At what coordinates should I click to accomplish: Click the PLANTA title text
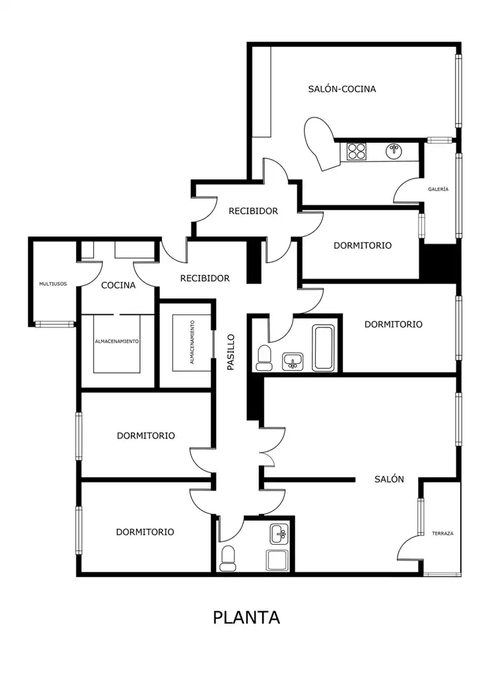click(x=246, y=617)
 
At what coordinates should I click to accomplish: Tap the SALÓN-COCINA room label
click(x=342, y=89)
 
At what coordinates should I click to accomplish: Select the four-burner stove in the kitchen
click(x=357, y=151)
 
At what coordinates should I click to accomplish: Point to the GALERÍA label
click(x=438, y=189)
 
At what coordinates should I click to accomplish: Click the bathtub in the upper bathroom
click(x=324, y=348)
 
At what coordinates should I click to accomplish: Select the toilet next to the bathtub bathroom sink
click(x=264, y=358)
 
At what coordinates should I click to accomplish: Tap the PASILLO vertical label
click(x=231, y=352)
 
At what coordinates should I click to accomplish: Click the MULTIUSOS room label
click(x=53, y=284)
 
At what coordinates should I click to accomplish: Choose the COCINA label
click(x=118, y=285)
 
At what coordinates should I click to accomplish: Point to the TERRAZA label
click(x=443, y=533)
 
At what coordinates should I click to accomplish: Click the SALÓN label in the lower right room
click(x=389, y=479)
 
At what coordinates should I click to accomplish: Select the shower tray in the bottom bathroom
click(x=277, y=560)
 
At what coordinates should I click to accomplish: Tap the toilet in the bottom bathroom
click(x=227, y=558)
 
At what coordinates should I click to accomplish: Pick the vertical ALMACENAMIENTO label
click(x=192, y=342)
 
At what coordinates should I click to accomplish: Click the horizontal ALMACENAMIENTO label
click(x=117, y=341)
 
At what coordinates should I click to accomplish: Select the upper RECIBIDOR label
click(x=253, y=211)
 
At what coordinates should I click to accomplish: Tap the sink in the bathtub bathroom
click(x=293, y=361)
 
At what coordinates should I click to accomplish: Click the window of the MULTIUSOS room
click(x=55, y=323)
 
